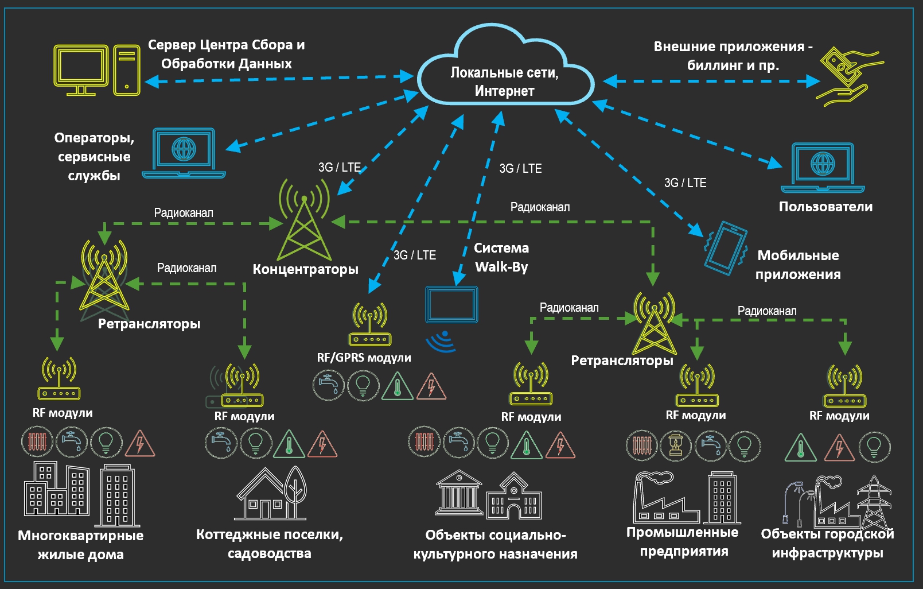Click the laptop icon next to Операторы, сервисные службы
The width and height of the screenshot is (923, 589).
click(184, 153)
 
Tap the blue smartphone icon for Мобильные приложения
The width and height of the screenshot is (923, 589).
click(726, 247)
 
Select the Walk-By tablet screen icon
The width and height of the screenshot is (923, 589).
click(451, 305)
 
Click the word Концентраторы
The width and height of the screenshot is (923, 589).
click(305, 269)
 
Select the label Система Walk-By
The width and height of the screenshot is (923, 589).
click(501, 257)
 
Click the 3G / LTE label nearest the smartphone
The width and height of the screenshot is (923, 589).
click(685, 183)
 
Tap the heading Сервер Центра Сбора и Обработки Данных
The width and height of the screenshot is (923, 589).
click(226, 54)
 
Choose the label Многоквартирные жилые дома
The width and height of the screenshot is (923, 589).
click(80, 545)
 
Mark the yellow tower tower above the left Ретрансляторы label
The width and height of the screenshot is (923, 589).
click(104, 276)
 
